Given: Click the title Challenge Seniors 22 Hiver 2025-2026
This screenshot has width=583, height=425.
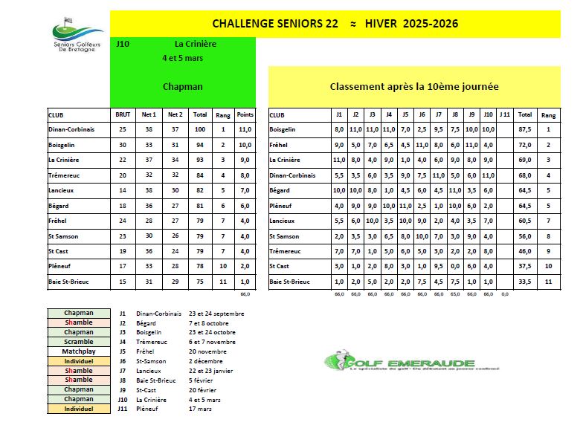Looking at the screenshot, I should click(335, 24).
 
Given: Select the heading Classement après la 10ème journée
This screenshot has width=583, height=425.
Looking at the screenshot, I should click(413, 87).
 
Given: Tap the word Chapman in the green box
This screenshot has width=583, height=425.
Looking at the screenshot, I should click(182, 87).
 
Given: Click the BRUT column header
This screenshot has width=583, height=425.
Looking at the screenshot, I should click(123, 115).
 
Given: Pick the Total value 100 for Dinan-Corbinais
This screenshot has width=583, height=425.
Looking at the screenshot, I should click(199, 129).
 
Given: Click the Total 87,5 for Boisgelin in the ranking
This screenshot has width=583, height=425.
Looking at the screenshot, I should click(525, 129).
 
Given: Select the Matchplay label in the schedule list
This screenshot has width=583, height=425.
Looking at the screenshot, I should click(78, 351).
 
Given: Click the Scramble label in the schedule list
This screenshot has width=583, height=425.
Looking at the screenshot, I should click(78, 342).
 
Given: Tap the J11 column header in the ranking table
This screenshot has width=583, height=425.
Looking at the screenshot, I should click(506, 115).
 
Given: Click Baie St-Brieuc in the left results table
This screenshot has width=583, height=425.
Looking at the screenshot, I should click(70, 282).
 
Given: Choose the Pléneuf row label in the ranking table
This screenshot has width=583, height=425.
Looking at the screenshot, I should click(283, 206).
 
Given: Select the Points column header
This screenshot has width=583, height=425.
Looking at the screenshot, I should click(245, 115).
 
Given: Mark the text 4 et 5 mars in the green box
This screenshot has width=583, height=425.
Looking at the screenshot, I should click(182, 58).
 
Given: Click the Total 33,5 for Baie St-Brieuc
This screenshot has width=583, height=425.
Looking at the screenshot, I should click(525, 282).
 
